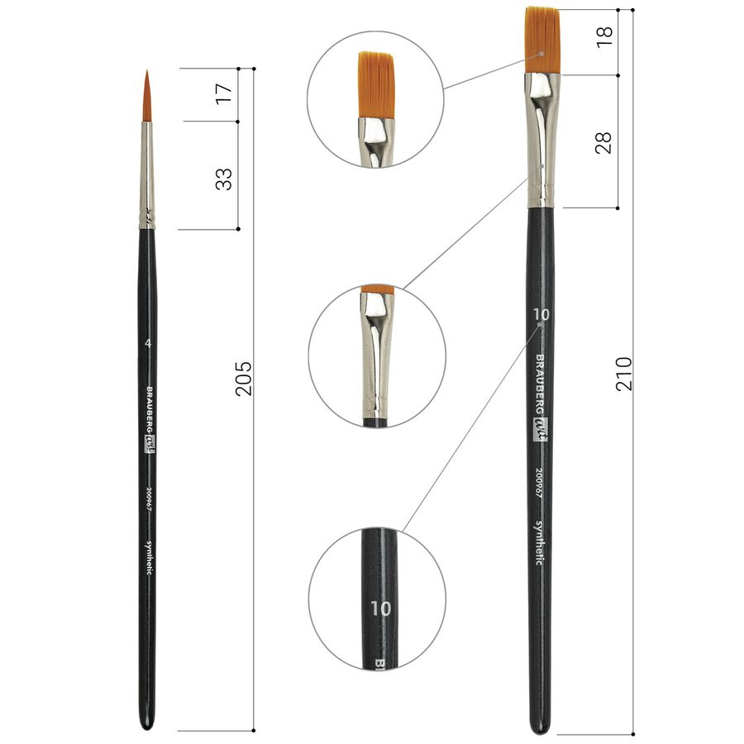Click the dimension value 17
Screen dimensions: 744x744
224,94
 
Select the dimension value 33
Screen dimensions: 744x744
224,179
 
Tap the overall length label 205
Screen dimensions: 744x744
244,379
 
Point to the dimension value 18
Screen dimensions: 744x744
604,36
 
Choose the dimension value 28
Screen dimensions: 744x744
603,142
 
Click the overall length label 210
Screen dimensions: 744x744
624,374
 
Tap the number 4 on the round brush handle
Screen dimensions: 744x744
148,342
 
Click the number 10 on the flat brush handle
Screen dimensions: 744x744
541,314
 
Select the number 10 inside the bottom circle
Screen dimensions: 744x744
381,608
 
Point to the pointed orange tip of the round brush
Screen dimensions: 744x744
147,70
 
